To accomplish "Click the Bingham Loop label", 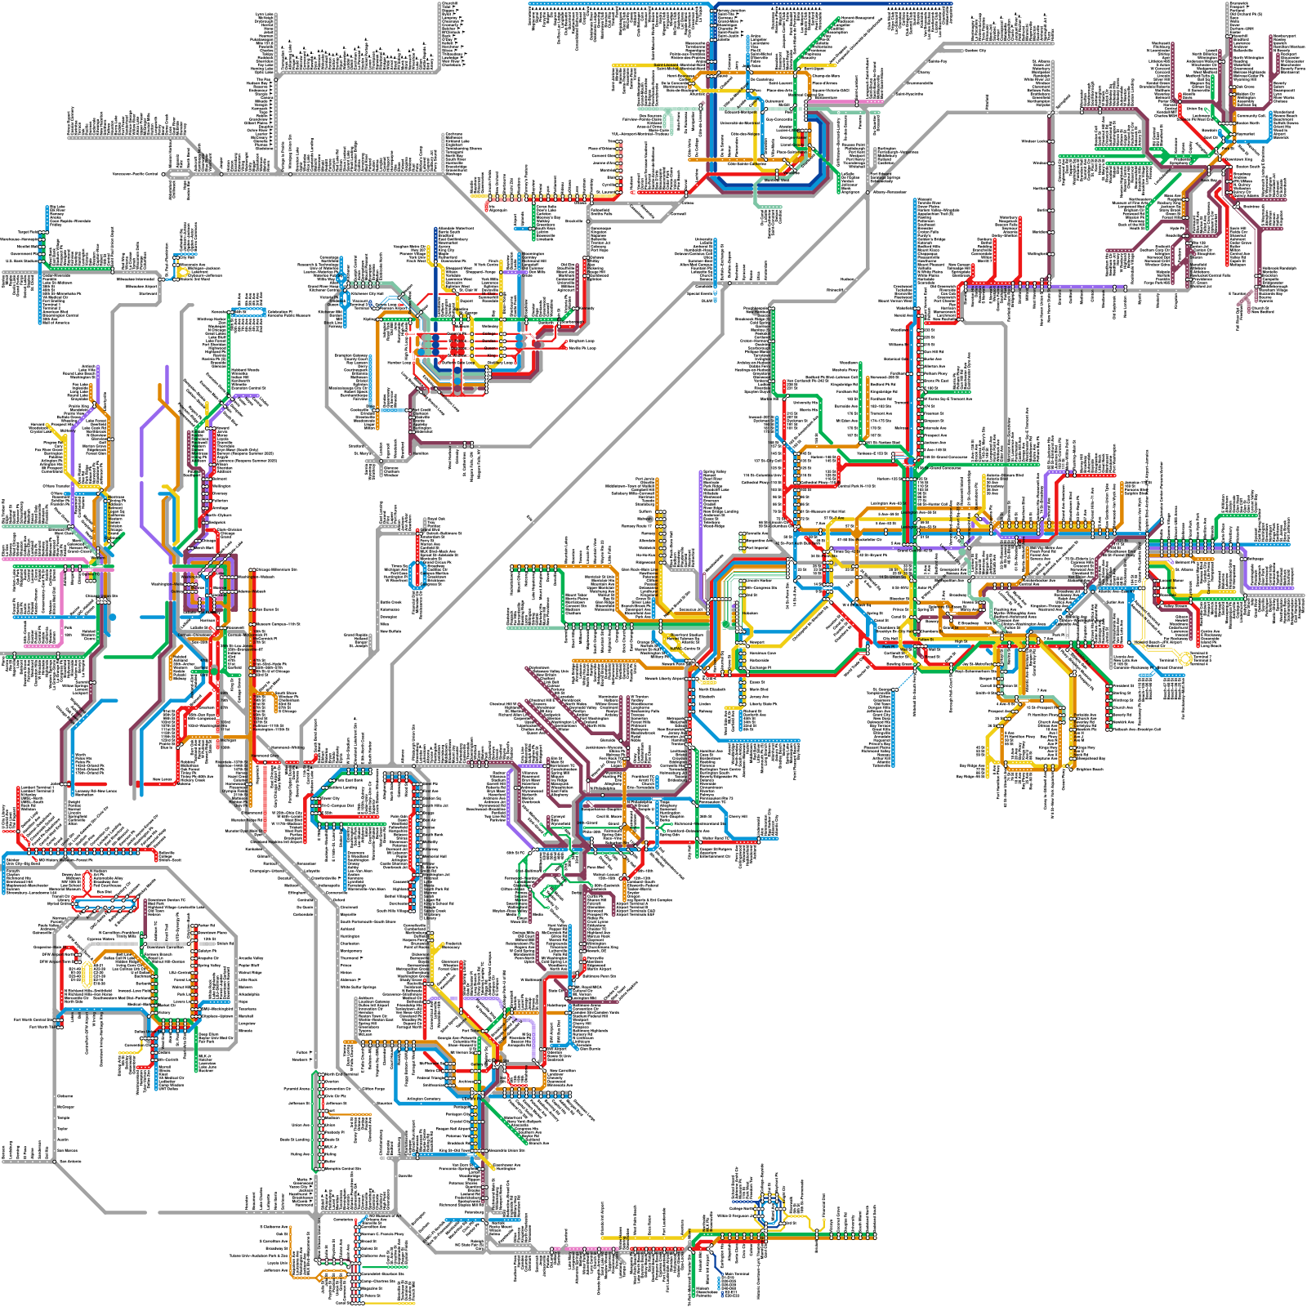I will tap(582, 341).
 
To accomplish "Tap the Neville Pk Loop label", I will tap(582, 348).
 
